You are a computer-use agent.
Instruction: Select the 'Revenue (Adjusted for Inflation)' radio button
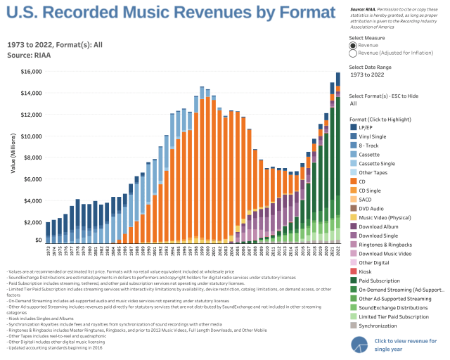click(x=353, y=53)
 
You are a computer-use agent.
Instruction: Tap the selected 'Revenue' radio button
click(x=353, y=45)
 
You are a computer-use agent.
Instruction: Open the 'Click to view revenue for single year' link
click(x=406, y=345)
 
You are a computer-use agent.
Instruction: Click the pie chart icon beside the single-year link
click(x=361, y=345)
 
